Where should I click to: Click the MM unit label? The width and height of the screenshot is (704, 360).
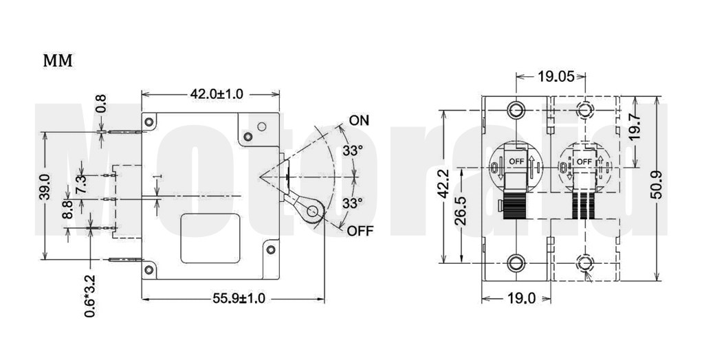pyautogui.click(x=58, y=60)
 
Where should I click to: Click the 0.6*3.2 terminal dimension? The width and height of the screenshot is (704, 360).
pyautogui.click(x=89, y=296)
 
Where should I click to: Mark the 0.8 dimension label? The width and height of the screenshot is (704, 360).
pyautogui.click(x=101, y=103)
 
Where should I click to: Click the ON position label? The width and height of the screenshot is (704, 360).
pyautogui.click(x=359, y=120)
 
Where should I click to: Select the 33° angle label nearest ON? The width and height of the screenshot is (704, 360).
pyautogui.click(x=353, y=150)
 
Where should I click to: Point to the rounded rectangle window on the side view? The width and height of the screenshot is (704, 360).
pyautogui.click(x=212, y=237)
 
